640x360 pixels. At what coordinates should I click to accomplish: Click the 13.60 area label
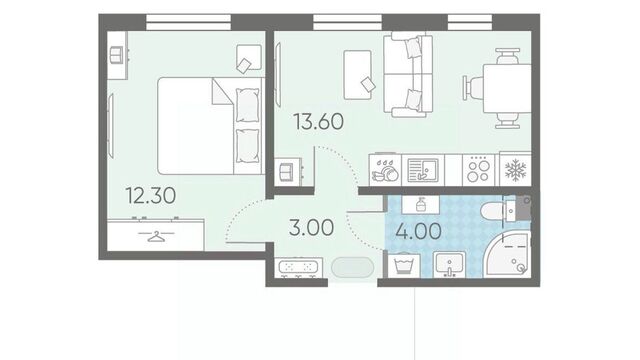(319, 122)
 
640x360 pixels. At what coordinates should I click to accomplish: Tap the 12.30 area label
(151, 195)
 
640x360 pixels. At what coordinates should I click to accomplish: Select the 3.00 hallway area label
(311, 227)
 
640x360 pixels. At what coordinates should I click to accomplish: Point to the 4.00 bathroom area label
(418, 231)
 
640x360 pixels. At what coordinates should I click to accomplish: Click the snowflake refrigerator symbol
(516, 169)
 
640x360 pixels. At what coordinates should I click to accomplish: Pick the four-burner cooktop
(478, 169)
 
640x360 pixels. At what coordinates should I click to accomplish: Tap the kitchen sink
(422, 170)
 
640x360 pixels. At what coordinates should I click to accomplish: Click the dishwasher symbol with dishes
(384, 170)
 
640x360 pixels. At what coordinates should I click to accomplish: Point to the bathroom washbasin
(449, 264)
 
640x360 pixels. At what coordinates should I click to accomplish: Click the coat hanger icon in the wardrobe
(156, 236)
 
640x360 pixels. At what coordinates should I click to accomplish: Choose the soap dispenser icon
(421, 204)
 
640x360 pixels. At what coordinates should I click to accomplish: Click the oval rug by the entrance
(353, 268)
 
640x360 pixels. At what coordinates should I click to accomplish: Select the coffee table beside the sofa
(358, 75)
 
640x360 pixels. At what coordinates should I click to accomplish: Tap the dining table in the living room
(507, 88)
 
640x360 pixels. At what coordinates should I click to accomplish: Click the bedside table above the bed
(249, 58)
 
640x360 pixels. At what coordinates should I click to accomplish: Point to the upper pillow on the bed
(247, 105)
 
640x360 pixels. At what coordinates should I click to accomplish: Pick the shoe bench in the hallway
(298, 268)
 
